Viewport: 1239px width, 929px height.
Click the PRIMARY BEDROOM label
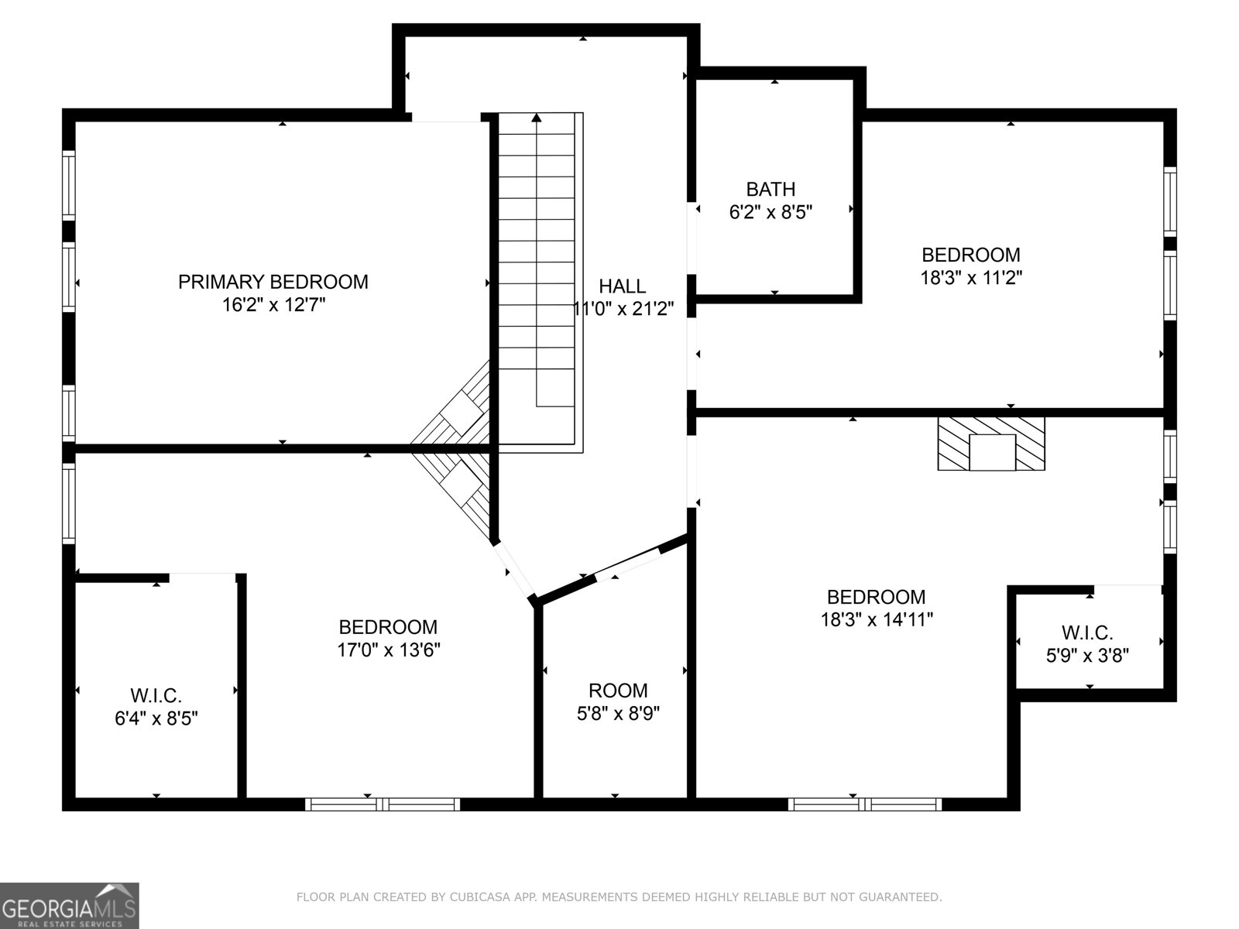(x=273, y=282)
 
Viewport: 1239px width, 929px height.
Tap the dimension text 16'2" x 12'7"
(x=273, y=305)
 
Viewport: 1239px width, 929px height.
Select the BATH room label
(x=770, y=189)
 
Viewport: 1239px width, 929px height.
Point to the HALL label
(x=622, y=286)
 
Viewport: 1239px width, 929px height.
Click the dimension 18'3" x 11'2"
(x=970, y=278)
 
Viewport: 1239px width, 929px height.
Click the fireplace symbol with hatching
(x=991, y=443)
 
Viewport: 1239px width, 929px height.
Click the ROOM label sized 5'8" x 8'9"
(x=618, y=690)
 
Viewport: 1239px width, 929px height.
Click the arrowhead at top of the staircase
(x=537, y=118)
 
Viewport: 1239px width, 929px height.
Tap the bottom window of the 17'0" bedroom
(x=383, y=804)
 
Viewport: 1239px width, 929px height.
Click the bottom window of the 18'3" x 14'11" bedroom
(x=865, y=804)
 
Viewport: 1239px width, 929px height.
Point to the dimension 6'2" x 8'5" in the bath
(x=770, y=212)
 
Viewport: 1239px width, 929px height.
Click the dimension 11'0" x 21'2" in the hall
(x=623, y=310)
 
